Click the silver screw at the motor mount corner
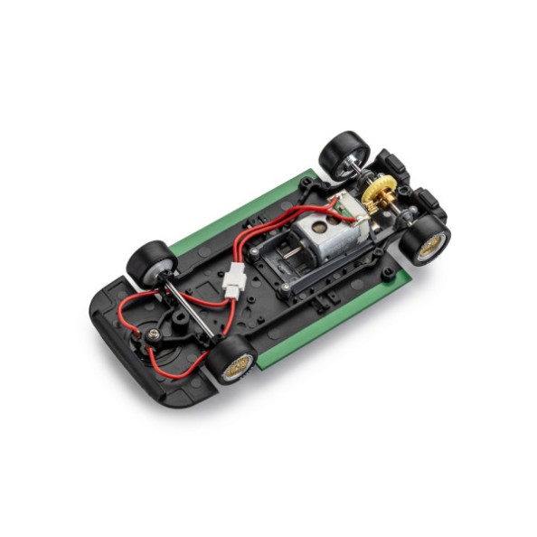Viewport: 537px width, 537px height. [x=287, y=287]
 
